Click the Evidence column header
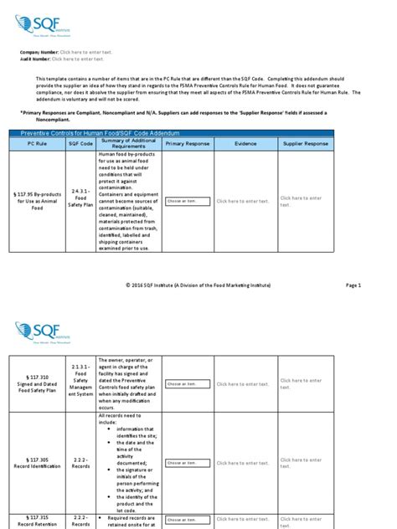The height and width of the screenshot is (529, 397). (245, 144)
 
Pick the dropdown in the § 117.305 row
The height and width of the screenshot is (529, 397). (184, 462)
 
